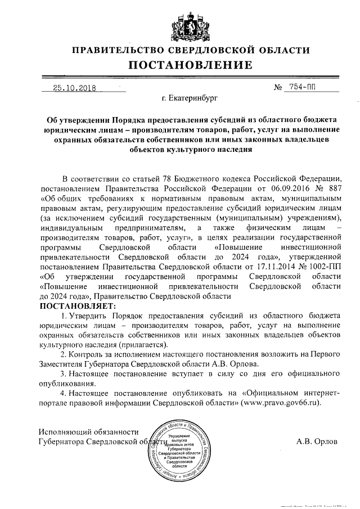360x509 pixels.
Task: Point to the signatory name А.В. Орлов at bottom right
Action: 317,442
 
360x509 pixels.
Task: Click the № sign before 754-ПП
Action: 277,88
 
